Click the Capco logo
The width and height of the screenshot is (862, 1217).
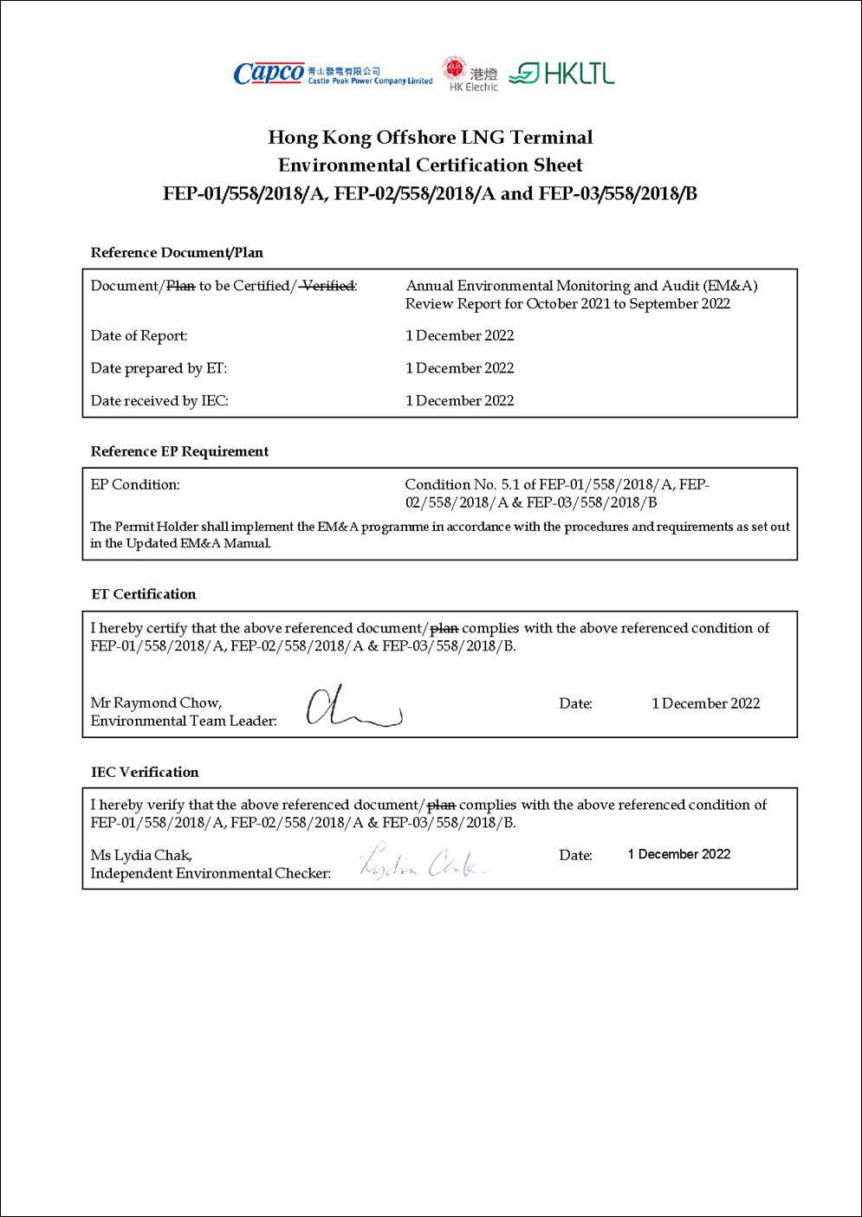[269, 74]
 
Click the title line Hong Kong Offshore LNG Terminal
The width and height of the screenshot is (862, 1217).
[431, 137]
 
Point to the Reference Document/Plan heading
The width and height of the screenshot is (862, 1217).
[177, 253]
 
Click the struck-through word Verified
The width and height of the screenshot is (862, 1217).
[327, 286]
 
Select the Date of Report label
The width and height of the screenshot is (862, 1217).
[139, 336]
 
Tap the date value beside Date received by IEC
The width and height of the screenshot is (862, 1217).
[459, 401]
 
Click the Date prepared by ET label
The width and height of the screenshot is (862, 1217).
[159, 368]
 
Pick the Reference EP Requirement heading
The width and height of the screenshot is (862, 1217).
[179, 451]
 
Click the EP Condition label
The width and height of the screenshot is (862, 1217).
[135, 485]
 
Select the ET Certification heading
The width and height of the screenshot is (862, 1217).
[144, 594]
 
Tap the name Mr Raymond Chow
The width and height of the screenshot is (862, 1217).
[156, 703]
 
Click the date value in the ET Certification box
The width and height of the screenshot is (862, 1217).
[705, 704]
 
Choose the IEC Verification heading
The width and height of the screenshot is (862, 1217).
[145, 773]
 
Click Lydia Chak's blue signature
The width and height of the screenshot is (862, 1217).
[424, 862]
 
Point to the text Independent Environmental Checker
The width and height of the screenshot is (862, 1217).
[211, 873]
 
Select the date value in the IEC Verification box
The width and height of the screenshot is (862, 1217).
[679, 855]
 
